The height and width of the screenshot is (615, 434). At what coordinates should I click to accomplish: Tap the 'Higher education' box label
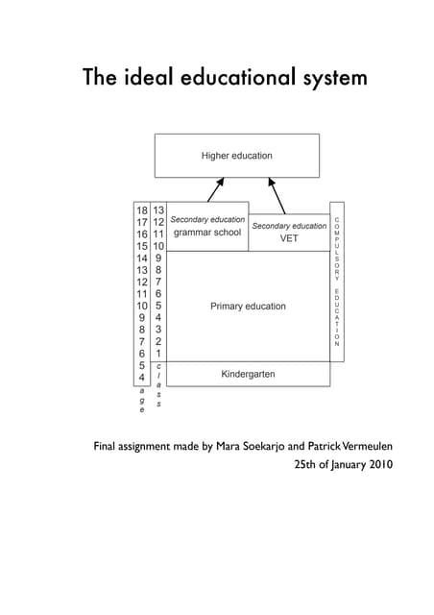click(x=236, y=155)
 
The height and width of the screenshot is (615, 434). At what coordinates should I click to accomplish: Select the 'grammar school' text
click(x=206, y=233)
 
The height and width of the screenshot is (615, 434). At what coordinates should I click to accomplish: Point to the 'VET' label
click(x=289, y=238)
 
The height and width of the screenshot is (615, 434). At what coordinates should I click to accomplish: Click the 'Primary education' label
click(x=248, y=307)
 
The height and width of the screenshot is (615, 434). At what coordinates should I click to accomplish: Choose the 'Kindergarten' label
click(x=248, y=373)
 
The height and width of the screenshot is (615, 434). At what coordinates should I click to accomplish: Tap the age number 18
click(x=141, y=209)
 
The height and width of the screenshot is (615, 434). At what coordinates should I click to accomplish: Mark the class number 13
click(x=159, y=209)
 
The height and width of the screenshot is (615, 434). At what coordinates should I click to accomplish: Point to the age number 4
click(x=141, y=378)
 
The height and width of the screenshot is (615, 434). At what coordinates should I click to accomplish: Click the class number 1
click(x=159, y=353)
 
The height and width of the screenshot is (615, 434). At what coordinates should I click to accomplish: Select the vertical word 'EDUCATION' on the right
click(x=337, y=316)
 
